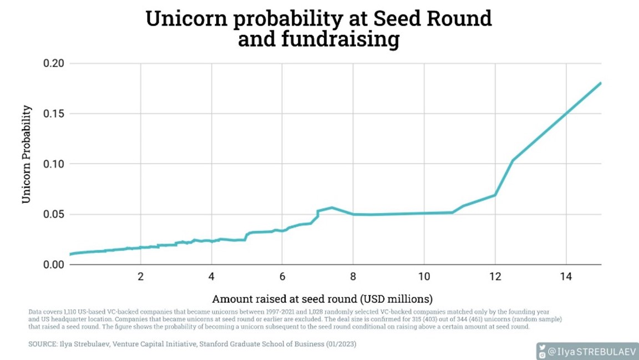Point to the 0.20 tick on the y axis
[54, 64]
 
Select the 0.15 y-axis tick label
[54, 114]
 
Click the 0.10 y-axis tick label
[54, 164]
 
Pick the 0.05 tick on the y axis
[54, 215]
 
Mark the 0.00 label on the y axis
[54, 265]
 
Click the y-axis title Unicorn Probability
[26, 154]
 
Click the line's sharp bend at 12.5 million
[513, 160]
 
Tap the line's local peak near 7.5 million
[332, 207]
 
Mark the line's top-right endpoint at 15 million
[601, 83]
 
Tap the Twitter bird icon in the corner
[542, 347]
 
